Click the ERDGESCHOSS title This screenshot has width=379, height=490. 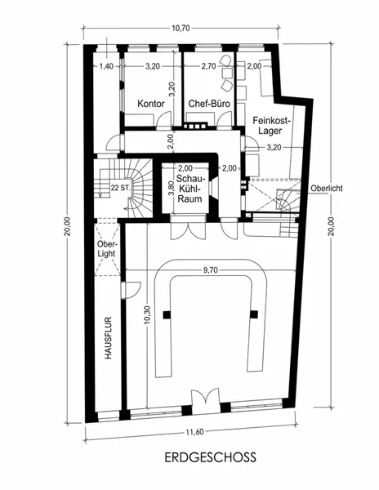(x=210, y=457)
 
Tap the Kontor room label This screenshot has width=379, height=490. (x=151, y=104)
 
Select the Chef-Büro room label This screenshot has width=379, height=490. (x=209, y=104)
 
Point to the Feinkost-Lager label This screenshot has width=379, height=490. (x=271, y=125)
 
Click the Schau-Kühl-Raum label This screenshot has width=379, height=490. (x=189, y=189)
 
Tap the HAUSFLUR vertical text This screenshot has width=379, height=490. (x=108, y=338)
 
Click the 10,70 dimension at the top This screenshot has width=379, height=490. (x=181, y=28)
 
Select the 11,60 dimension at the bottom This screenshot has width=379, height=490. (x=195, y=432)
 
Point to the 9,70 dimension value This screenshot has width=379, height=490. (x=210, y=270)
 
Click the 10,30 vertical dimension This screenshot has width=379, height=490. (x=148, y=315)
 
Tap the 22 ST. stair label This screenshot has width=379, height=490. (x=120, y=188)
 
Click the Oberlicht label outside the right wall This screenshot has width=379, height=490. (x=327, y=188)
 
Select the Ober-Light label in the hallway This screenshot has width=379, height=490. (x=106, y=249)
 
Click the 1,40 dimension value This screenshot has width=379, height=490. (x=106, y=66)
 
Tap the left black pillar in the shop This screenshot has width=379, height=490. (x=167, y=314)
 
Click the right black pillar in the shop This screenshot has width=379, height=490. (x=254, y=314)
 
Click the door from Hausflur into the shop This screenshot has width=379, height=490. (x=131, y=290)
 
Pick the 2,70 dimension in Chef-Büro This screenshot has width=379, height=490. (x=209, y=66)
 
